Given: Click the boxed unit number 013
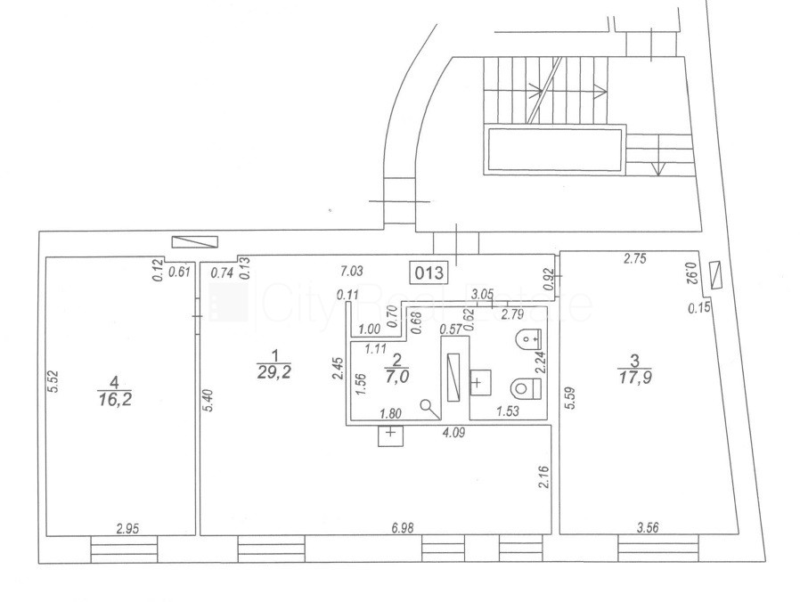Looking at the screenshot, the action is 429,273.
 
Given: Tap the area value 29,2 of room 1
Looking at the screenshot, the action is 274,372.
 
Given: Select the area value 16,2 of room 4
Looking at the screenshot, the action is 114,398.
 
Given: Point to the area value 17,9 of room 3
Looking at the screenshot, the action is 634,378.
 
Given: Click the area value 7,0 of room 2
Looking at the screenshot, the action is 396,377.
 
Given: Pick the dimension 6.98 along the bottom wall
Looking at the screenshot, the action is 403,527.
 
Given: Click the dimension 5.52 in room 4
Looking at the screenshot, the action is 54,380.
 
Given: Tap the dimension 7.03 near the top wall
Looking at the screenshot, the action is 352,271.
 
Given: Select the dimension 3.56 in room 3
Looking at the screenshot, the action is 648,527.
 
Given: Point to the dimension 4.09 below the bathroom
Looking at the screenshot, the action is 453,433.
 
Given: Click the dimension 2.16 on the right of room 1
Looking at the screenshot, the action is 544,476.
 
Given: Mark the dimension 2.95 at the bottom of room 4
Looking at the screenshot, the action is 127,528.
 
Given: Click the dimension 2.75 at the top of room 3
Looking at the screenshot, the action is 635,258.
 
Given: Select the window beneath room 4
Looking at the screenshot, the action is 124,549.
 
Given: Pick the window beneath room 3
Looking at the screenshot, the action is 658,549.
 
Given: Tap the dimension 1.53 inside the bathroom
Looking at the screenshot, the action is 508,411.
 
